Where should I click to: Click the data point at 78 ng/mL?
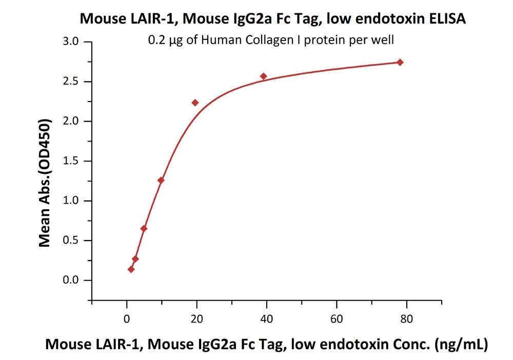tap(400, 63)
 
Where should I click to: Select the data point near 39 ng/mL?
tap(263, 76)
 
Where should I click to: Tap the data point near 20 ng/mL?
tap(195, 103)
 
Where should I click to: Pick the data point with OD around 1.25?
tap(161, 180)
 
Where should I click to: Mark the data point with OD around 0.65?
tap(144, 229)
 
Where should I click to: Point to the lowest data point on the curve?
tap(131, 269)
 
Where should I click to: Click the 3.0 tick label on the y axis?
tap(71, 42)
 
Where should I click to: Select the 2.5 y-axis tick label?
tap(71, 81)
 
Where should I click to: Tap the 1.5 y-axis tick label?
tap(71, 161)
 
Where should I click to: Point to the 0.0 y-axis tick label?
tap(71, 280)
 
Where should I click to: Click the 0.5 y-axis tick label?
tap(71, 241)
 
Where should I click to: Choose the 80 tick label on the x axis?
tap(407, 319)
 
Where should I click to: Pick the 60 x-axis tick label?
tap(337, 319)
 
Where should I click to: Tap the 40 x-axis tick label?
tap(267, 319)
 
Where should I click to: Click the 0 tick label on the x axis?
tap(127, 319)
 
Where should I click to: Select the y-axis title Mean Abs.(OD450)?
tap(45, 183)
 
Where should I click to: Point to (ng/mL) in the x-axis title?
tap(461, 345)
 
